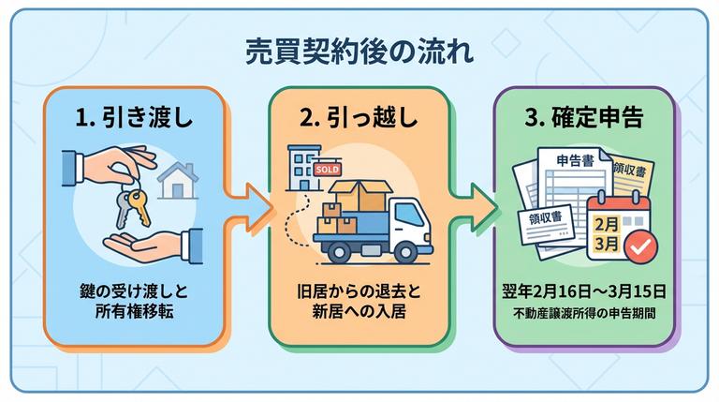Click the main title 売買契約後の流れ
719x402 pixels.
(359, 49)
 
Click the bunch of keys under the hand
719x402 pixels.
(130, 204)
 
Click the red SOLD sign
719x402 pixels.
(329, 170)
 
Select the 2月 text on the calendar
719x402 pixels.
(606, 226)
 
